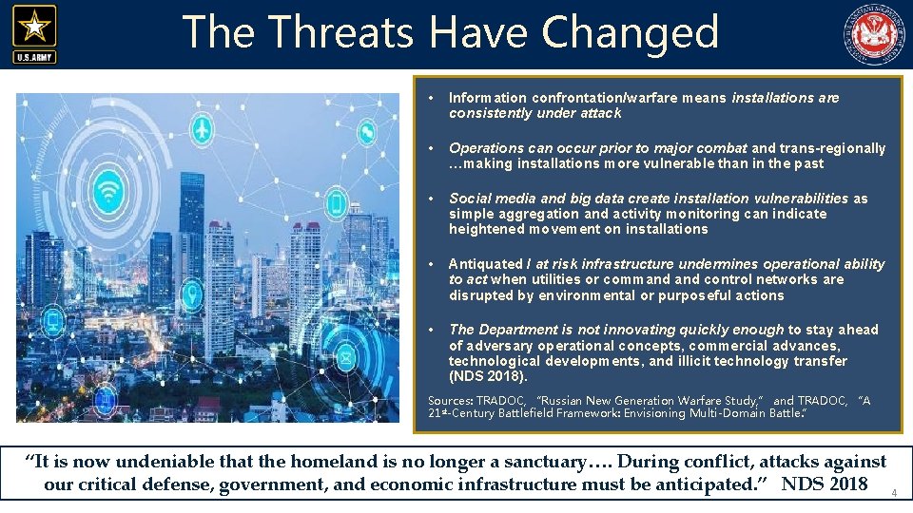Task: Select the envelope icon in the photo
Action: pos(344,358)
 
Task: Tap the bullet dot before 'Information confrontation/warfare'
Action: pos(432,98)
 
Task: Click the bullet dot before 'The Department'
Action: pos(432,330)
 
